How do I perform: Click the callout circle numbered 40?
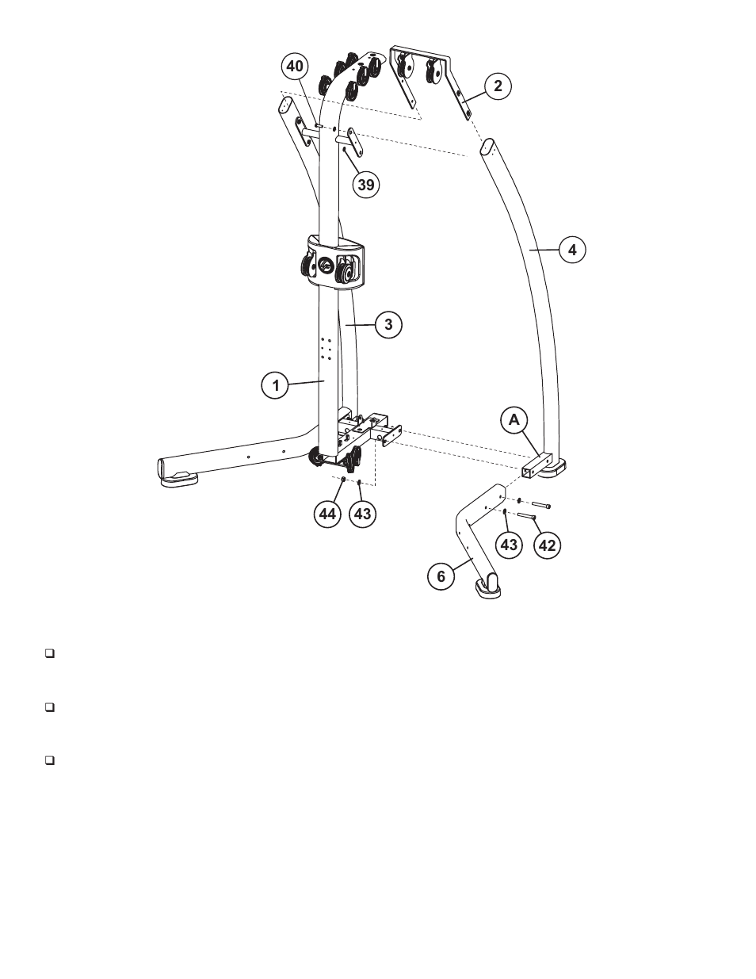click(x=296, y=67)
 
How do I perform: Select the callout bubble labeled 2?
click(x=498, y=86)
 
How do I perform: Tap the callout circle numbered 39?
click(x=365, y=185)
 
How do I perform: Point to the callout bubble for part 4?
click(x=572, y=250)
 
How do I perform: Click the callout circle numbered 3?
click(x=388, y=324)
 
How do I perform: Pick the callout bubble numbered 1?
click(x=276, y=386)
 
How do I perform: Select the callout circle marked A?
click(x=514, y=420)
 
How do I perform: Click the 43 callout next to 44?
click(x=362, y=514)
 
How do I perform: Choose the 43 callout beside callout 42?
click(x=509, y=545)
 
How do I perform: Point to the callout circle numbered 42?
click(x=547, y=545)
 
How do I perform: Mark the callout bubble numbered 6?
click(x=441, y=576)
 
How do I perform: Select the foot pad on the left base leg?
click(x=181, y=476)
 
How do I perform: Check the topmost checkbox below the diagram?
click(x=49, y=654)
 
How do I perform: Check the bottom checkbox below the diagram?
click(x=49, y=760)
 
